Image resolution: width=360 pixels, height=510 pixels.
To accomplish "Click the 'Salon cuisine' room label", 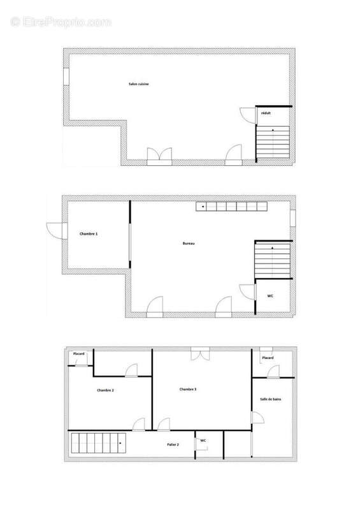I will [138, 84].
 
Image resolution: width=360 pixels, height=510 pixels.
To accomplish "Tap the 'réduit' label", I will [266, 113].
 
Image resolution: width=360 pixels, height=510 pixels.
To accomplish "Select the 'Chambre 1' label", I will [89, 234].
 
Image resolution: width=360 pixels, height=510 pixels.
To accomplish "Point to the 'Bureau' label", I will [188, 244].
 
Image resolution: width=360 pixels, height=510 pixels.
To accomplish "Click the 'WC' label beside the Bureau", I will [270, 296].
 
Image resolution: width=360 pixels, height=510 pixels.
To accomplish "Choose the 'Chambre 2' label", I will [105, 390].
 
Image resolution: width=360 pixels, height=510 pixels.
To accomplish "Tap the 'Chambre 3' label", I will [188, 390].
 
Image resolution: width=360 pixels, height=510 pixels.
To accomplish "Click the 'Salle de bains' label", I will [271, 399].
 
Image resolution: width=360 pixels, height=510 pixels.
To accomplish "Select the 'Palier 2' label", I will [173, 444].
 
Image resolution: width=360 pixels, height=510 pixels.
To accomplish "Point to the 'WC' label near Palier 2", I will [203, 441].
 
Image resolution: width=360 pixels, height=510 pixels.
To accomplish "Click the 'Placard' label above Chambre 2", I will [79, 354].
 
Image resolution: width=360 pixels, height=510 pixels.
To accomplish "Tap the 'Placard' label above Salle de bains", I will [268, 358].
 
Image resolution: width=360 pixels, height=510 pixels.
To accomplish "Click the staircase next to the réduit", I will [273, 143].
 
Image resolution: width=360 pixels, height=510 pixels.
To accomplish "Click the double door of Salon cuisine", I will [159, 157].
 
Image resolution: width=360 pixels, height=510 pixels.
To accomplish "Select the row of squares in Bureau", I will [231, 207].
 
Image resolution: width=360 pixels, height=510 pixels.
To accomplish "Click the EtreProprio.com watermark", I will [61, 22].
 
